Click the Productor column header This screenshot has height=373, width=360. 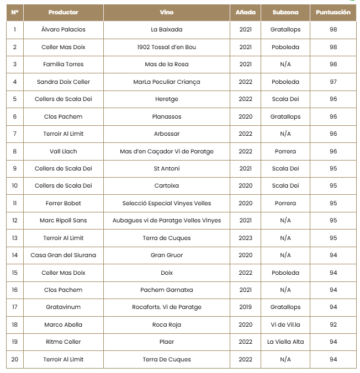(x=63, y=12)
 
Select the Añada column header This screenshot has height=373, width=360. (x=245, y=12)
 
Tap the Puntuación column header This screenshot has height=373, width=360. (x=333, y=12)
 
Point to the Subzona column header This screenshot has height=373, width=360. (x=285, y=12)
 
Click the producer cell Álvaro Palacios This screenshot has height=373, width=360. (x=63, y=29)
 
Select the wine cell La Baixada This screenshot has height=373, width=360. (x=166, y=29)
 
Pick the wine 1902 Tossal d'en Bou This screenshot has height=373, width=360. (x=166, y=47)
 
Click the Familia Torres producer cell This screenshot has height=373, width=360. (x=63, y=64)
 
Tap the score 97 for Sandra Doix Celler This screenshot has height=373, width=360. (x=333, y=82)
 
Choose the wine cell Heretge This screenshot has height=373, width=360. (x=166, y=99)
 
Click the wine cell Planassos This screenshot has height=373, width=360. (x=166, y=116)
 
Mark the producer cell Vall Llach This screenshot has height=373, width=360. (x=63, y=151)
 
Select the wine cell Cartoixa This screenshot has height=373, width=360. (x=166, y=185)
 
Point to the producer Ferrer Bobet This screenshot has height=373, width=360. (x=63, y=203)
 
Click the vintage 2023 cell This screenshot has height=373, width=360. (x=245, y=238)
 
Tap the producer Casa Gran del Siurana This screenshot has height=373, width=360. (x=63, y=255)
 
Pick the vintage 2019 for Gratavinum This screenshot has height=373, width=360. (x=245, y=307)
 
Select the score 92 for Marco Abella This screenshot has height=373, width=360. (x=333, y=324)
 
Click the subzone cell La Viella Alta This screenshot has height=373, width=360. (x=285, y=342)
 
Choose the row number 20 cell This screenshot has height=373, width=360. (x=14, y=359)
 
